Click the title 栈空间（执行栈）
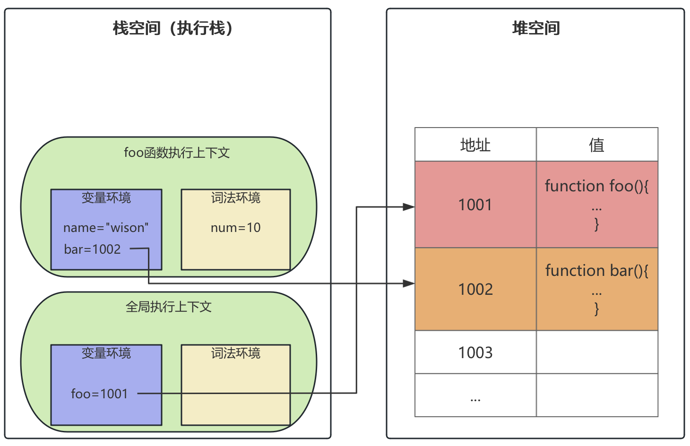[173, 28]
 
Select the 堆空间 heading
[536, 28]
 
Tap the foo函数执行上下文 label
[177, 153]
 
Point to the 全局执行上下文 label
[168, 307]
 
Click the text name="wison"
[106, 228]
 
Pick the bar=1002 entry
[93, 249]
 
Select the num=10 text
[235, 228]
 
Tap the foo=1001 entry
[100, 394]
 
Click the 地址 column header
[475, 145]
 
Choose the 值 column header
[596, 145]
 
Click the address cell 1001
[475, 205]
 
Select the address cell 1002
[475, 289]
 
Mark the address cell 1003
[475, 352]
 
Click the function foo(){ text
[596, 186]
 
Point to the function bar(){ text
[596, 271]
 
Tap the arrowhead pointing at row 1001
[409, 206]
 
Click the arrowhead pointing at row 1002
[409, 283]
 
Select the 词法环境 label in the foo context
[235, 197]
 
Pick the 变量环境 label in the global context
[106, 353]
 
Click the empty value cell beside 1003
[597, 352]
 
